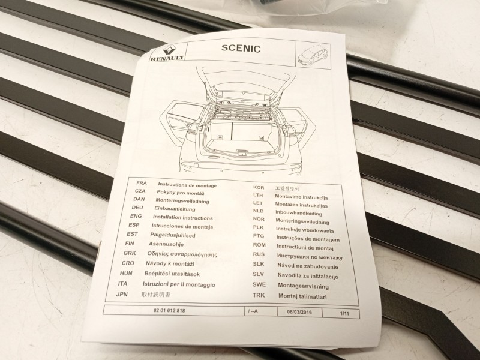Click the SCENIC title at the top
[x=240, y=49]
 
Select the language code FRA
[x=142, y=182]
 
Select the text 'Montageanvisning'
[x=303, y=286]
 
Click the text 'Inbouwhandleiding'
[x=298, y=213]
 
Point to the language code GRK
[x=130, y=253]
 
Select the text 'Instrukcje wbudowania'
[x=304, y=228]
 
